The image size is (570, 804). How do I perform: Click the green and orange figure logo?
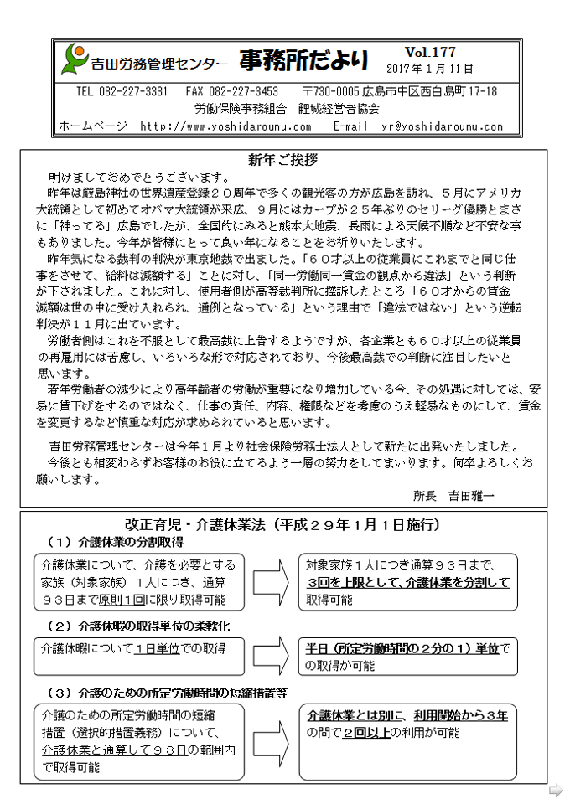(75, 59)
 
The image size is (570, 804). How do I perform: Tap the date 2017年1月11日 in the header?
(430, 69)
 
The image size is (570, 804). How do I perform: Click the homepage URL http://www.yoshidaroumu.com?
(225, 126)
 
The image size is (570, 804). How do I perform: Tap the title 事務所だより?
(303, 59)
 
